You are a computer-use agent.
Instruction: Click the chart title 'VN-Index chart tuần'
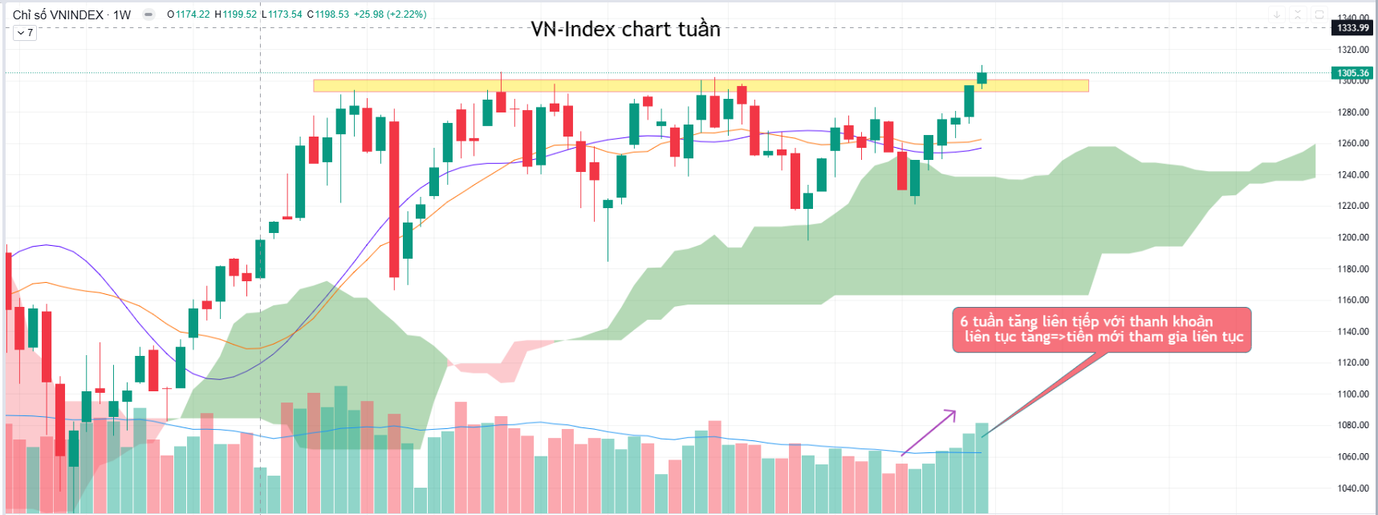[625, 30]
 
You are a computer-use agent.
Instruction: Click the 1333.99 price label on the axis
[1352, 28]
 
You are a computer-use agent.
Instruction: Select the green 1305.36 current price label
[1352, 73]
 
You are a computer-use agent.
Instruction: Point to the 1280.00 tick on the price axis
[1352, 112]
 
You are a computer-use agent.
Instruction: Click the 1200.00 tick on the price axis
[1352, 238]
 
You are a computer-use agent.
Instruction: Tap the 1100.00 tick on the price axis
[1352, 394]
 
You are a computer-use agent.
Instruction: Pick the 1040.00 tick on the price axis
[1352, 488]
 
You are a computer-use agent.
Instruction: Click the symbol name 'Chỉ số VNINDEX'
[58, 14]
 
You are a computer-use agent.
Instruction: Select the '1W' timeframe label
[122, 14]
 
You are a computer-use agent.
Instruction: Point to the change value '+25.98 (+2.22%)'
[390, 14]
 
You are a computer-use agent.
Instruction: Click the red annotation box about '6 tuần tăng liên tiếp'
[1101, 329]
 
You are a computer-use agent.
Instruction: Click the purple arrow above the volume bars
[929, 433]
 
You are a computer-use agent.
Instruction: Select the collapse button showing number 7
[25, 33]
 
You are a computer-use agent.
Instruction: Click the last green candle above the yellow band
[982, 77]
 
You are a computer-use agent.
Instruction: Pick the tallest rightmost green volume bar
[982, 468]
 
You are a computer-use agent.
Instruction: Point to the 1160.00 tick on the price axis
[1352, 300]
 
